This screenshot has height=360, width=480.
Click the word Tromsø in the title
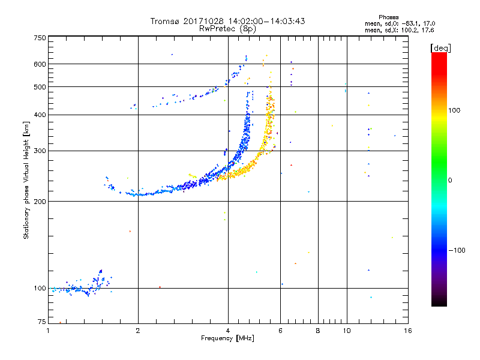coord(165,21)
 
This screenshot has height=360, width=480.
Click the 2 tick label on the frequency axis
coord(138,330)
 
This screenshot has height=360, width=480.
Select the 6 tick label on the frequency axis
coord(280,330)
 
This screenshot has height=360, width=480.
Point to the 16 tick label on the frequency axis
coord(407,330)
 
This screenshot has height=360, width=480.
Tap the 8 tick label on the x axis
coord(318,330)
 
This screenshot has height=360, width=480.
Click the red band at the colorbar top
coord(439,56)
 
